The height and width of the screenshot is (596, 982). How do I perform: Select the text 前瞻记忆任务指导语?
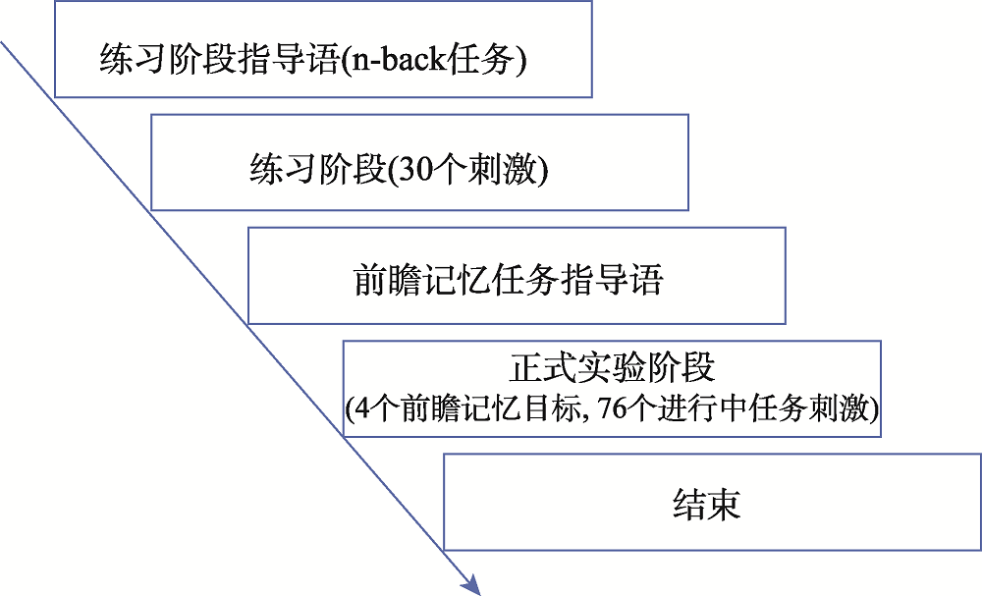508,280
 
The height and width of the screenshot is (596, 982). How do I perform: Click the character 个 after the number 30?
446,171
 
